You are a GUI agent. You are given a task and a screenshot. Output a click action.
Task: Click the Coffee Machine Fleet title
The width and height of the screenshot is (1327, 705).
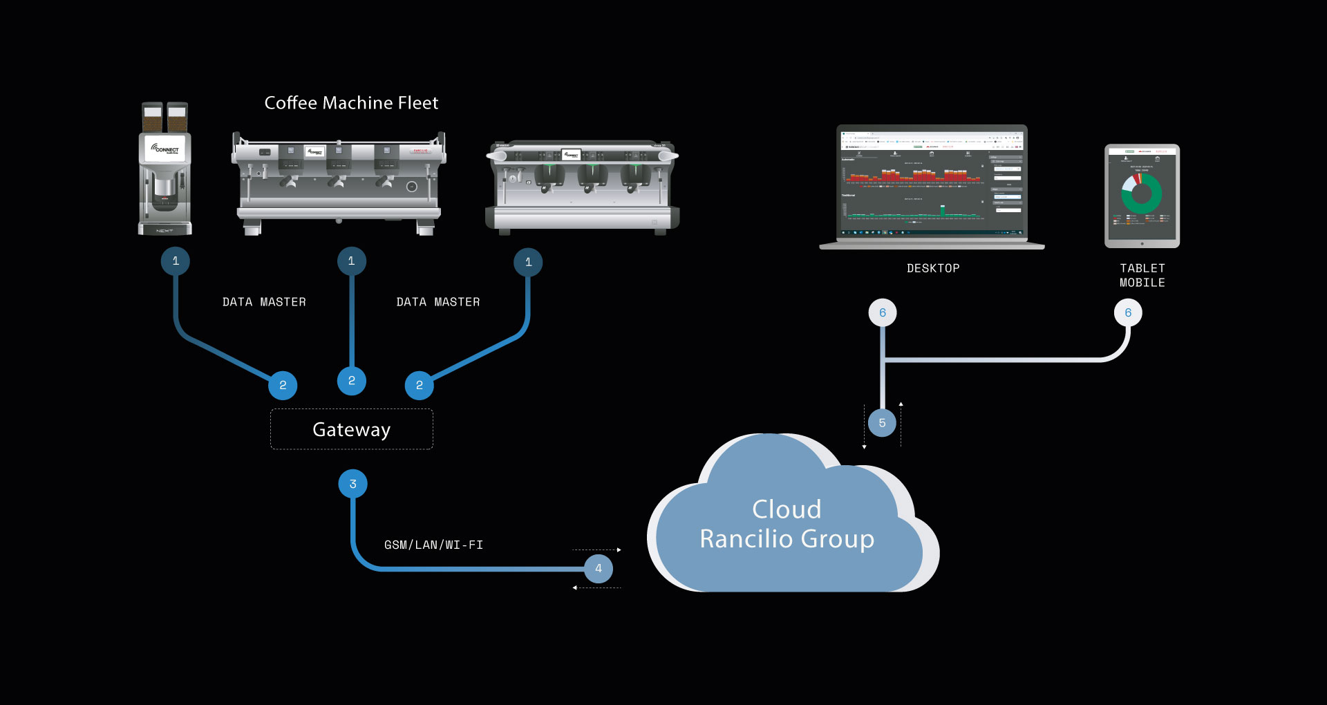351,103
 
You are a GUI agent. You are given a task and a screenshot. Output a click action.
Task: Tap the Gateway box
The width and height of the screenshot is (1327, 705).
352,429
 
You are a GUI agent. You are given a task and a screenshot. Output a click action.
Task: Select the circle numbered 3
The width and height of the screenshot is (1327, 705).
352,484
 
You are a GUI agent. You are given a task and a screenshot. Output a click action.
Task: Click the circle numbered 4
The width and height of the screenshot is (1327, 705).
599,569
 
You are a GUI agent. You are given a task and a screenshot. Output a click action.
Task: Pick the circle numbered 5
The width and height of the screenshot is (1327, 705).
882,423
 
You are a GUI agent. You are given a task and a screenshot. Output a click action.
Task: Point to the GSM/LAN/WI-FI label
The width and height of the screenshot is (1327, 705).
433,545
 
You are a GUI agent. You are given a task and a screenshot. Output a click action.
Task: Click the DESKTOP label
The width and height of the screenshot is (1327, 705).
933,268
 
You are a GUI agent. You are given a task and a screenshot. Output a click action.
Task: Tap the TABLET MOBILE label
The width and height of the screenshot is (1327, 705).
1142,275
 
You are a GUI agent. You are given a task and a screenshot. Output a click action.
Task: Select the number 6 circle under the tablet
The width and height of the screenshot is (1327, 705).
1128,313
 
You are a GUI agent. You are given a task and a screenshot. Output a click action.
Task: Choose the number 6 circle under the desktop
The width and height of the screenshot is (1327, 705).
883,313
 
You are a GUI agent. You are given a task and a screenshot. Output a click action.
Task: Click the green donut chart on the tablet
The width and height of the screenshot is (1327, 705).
1142,194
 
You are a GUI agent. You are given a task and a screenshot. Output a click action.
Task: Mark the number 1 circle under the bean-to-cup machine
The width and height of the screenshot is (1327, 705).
176,261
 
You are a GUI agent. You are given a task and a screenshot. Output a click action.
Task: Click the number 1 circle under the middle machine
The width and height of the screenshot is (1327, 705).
351,261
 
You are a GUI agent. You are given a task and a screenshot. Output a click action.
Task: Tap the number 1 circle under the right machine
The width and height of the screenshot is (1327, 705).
528,263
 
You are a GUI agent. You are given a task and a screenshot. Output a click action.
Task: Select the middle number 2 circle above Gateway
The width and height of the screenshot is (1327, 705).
351,381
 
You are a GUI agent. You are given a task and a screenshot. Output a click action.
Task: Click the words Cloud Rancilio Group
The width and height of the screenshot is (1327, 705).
787,524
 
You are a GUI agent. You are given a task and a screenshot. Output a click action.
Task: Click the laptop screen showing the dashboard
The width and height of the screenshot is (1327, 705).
932,183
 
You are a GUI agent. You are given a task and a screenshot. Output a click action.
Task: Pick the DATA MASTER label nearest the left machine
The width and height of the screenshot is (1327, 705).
264,302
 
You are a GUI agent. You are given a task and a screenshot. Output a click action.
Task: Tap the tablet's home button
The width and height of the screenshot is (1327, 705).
1142,243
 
